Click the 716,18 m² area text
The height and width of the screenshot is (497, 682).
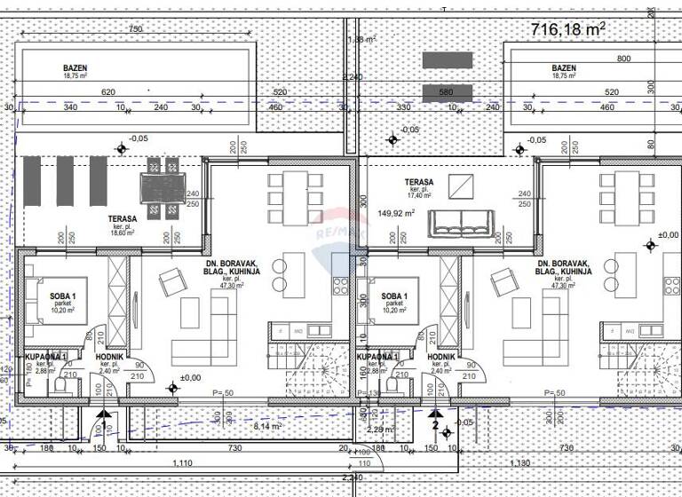(x=567, y=28)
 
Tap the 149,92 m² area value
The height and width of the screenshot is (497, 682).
(x=398, y=213)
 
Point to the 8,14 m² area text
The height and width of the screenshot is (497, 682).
(x=268, y=427)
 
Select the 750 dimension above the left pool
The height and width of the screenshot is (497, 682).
(x=134, y=29)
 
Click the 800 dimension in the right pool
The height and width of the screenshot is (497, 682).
(x=623, y=59)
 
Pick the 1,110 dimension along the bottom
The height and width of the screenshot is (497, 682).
(x=183, y=463)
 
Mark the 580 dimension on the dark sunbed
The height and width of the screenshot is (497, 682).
(x=446, y=91)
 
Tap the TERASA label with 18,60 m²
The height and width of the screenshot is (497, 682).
(x=122, y=218)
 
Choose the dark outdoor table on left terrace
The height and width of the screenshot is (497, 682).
(x=163, y=188)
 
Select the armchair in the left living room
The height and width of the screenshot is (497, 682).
(x=170, y=283)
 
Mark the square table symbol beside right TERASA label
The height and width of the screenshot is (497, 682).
(x=462, y=185)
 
